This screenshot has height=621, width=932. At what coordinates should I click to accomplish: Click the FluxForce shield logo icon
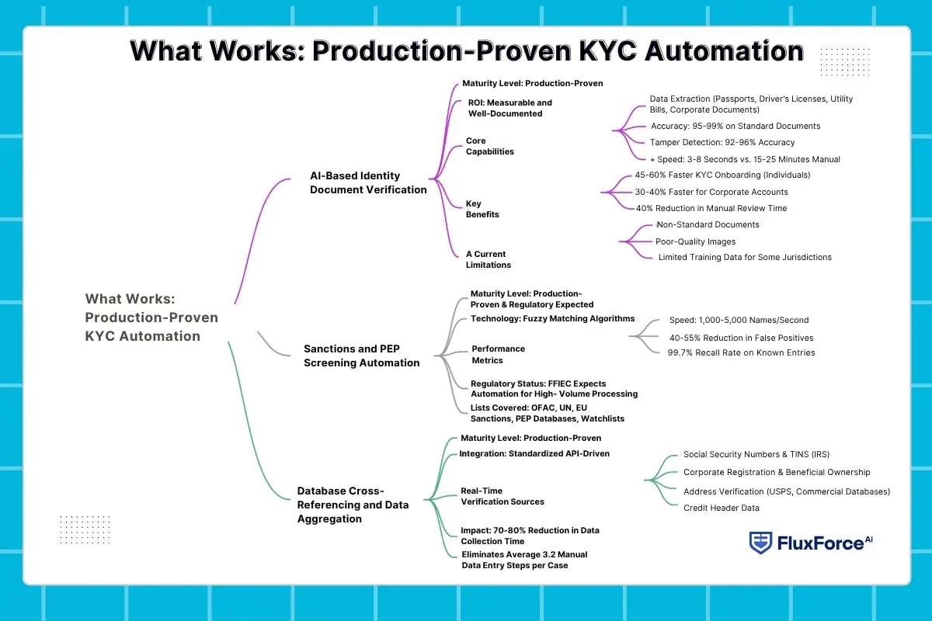tap(760, 543)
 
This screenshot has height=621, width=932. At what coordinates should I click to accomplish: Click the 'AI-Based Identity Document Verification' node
tap(368, 183)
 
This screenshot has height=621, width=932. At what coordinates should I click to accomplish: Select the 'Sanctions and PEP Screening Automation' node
tap(361, 356)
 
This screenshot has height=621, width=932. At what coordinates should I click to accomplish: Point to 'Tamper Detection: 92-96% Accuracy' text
tap(722, 142)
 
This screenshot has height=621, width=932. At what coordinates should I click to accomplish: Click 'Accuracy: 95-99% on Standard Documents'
tap(735, 126)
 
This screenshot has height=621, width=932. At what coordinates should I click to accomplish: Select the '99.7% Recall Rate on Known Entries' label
tap(741, 352)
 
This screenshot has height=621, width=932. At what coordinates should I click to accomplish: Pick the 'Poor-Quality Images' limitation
tap(695, 241)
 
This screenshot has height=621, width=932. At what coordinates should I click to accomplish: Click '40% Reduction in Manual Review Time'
tap(711, 208)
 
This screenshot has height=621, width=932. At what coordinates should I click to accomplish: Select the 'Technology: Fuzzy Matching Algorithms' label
tap(552, 319)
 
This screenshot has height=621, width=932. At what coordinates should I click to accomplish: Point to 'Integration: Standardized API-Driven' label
tap(534, 453)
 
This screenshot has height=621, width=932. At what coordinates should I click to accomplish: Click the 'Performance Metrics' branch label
tap(498, 355)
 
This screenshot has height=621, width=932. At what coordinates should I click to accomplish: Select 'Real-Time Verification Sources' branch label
tap(502, 496)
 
